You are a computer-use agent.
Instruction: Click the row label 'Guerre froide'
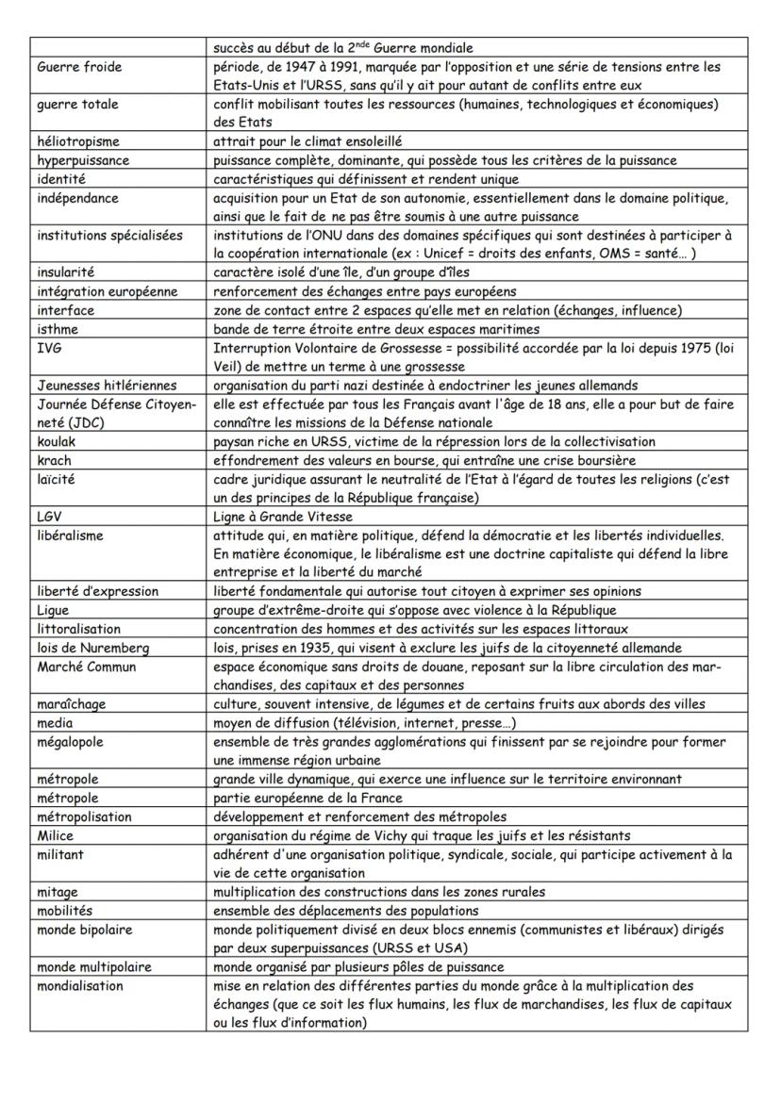click(80, 67)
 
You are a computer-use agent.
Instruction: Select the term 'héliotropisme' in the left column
click(78, 141)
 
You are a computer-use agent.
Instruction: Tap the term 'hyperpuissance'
click(83, 160)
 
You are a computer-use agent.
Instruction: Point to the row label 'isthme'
click(58, 329)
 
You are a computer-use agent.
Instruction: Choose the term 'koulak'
click(58, 441)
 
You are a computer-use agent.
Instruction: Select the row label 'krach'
click(55, 460)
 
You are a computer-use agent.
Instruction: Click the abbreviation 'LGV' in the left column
click(51, 517)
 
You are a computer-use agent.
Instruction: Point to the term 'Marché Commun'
click(87, 667)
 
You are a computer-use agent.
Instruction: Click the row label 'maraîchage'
click(72, 704)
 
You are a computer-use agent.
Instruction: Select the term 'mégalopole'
click(71, 742)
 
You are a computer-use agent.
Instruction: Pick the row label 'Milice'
click(56, 835)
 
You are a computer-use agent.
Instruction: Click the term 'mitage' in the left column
click(58, 891)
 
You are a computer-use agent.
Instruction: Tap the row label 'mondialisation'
click(80, 985)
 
